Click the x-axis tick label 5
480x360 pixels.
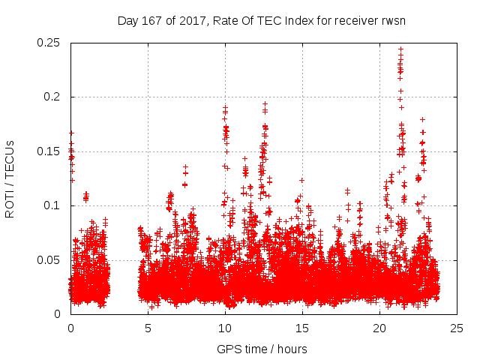pos(148,328)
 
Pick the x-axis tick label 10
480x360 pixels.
pos(225,328)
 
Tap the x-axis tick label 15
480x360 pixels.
pos(302,328)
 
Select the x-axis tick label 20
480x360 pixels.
pos(379,328)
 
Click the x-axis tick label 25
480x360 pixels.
pos(457,328)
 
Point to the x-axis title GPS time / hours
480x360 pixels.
pos(262,349)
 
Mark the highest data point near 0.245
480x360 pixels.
pos(400,49)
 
